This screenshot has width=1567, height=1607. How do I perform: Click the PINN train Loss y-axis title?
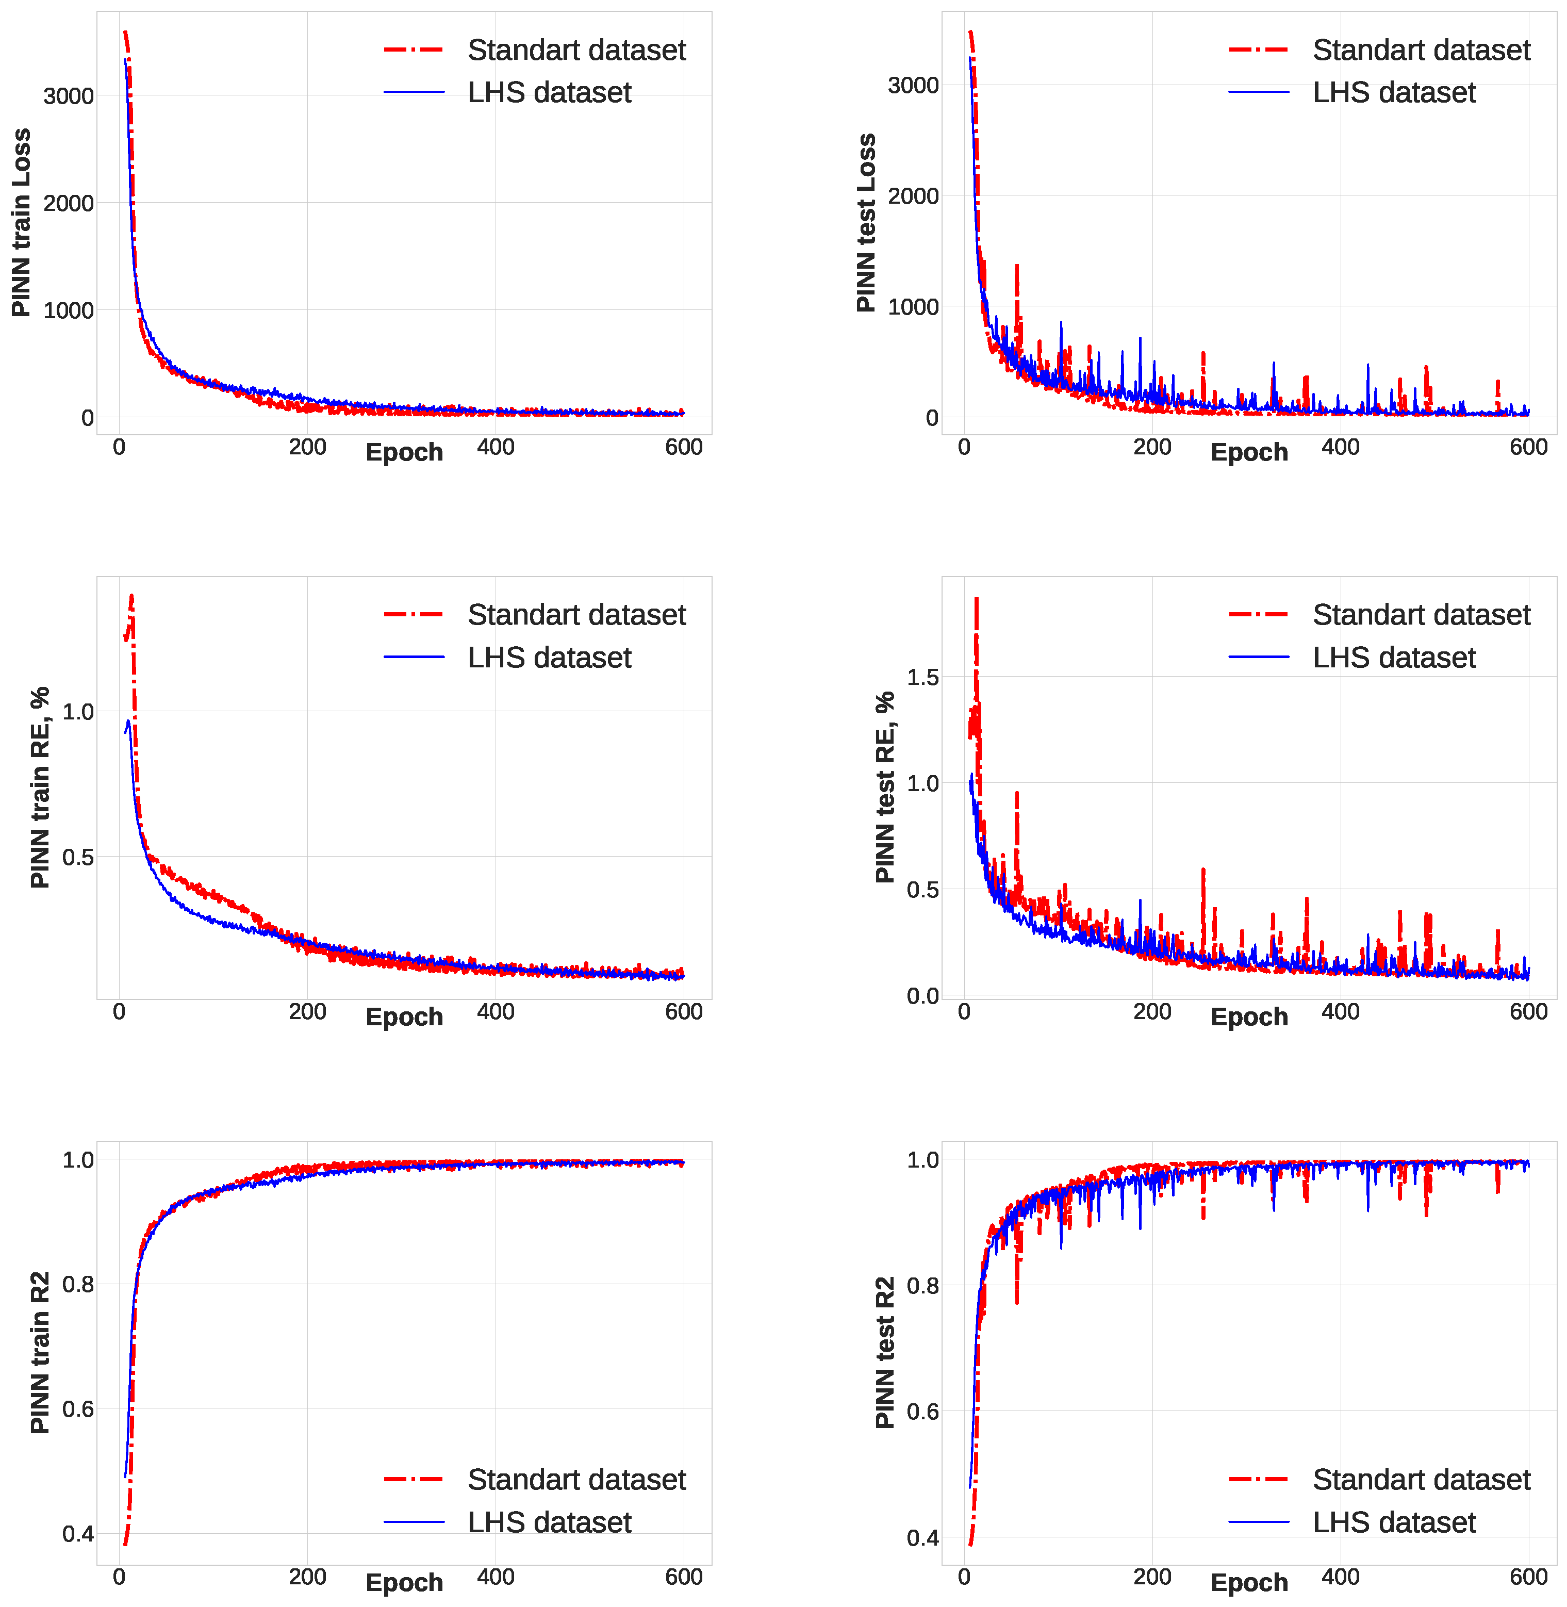coord(21,222)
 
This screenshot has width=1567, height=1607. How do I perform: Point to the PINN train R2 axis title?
coord(40,1353)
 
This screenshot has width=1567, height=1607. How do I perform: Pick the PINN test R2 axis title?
coord(885,1353)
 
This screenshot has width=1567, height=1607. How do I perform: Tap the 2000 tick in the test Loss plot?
coord(914,196)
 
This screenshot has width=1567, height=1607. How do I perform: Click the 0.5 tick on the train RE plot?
coord(78,857)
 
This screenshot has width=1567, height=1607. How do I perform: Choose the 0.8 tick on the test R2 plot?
coord(922,1285)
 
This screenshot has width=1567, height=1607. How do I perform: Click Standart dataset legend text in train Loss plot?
coord(576,50)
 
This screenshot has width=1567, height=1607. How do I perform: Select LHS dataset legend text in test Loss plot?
coord(1394,92)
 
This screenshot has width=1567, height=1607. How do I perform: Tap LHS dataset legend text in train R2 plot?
coord(549,1522)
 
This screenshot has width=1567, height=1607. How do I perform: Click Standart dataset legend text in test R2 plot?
coord(1421,1480)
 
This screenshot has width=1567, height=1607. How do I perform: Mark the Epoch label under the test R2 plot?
coord(1249,1582)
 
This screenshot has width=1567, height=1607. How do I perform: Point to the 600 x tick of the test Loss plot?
coord(1528,447)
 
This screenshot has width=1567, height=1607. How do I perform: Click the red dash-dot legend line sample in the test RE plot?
coord(1258,614)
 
